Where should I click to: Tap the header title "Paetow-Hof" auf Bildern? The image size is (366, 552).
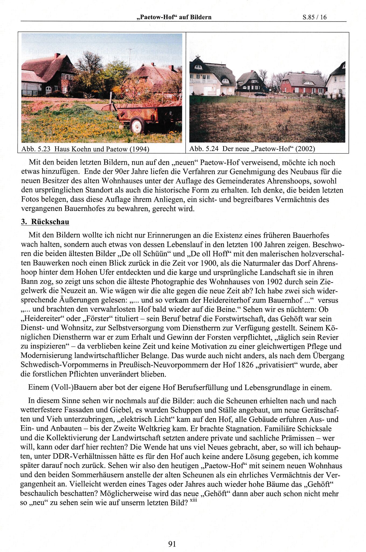(174, 17)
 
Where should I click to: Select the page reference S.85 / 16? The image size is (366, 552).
(314, 17)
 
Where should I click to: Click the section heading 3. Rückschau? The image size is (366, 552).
(45, 222)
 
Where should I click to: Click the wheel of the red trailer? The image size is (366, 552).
(137, 125)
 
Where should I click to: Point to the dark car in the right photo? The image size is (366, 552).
(259, 94)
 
